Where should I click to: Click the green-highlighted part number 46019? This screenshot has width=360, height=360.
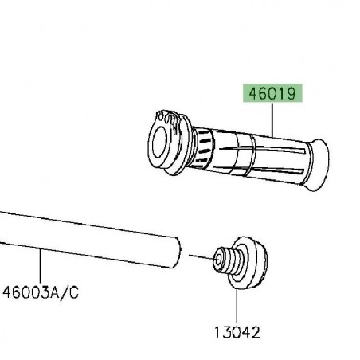pyautogui.click(x=272, y=93)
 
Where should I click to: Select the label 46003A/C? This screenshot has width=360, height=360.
pyautogui.click(x=41, y=293)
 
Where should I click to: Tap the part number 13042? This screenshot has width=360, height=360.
pyautogui.click(x=237, y=332)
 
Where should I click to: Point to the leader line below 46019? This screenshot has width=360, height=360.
pyautogui.click(x=272, y=120)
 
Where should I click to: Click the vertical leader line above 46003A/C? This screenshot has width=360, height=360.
pyautogui.click(x=41, y=265)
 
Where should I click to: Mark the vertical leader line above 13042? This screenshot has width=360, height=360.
pyautogui.click(x=237, y=307)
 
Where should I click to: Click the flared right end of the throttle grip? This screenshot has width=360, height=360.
pyautogui.click(x=318, y=165)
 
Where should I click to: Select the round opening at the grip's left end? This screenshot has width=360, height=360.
pyautogui.click(x=159, y=143)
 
